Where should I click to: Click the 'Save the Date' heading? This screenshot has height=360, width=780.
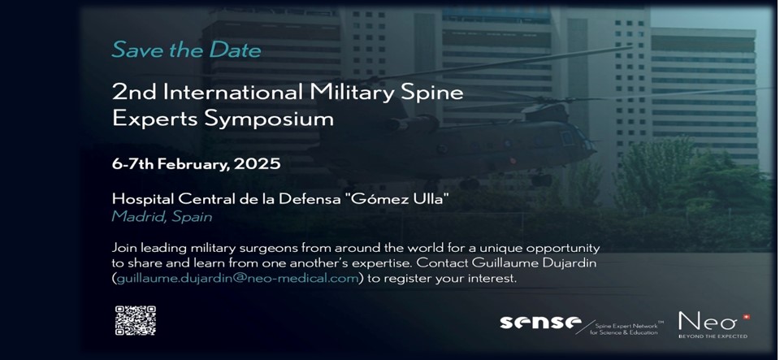pyautogui.click(x=187, y=50)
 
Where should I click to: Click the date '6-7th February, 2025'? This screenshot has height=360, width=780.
pyautogui.click(x=196, y=164)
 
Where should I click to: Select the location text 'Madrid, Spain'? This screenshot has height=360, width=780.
pyautogui.click(x=162, y=217)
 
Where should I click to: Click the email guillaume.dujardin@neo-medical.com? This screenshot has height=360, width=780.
pyautogui.click(x=238, y=279)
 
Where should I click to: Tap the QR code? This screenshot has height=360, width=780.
pyautogui.click(x=136, y=321)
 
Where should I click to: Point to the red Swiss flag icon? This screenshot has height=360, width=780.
pyautogui.click(x=746, y=317)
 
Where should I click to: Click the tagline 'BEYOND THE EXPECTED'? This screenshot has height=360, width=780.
pyautogui.click(x=713, y=336)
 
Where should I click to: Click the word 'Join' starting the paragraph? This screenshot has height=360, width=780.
pyautogui.click(x=123, y=248)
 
